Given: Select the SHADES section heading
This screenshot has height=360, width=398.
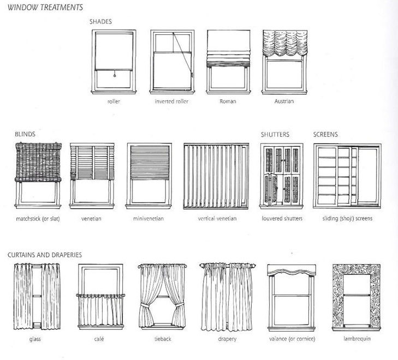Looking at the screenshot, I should coord(100,22).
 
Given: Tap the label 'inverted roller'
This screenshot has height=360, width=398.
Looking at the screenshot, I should coord(171,101).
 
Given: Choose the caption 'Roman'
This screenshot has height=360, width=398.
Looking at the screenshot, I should coord(227,101).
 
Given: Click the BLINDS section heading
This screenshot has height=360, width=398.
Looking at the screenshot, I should coord(26,134).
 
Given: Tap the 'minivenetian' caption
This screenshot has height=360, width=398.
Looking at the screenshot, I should coord(148,219).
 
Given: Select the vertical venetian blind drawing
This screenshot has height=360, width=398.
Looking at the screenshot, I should coord(217,175).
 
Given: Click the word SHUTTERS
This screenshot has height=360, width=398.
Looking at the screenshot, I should coord(275,134).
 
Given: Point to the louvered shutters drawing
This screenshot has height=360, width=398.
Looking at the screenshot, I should coord(281,175).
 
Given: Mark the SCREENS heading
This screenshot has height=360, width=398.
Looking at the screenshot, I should coord(325,134).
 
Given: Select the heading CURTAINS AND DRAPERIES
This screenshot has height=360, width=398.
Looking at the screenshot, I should coord(45,255).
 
